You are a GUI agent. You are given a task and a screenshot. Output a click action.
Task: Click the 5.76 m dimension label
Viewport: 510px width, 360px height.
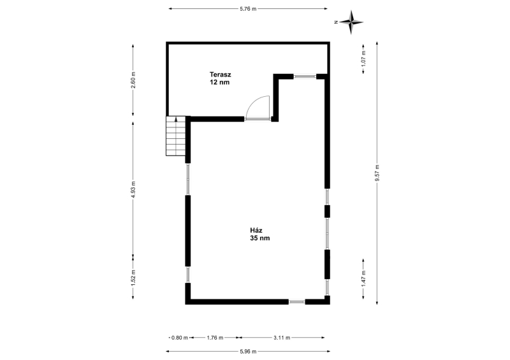point(248,9)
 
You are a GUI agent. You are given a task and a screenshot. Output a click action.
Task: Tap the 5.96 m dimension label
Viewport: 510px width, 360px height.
point(248,351)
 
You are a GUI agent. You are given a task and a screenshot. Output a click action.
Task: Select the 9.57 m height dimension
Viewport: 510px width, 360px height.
point(377,173)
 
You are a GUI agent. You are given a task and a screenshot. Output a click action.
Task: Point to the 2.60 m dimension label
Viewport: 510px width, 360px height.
point(133,80)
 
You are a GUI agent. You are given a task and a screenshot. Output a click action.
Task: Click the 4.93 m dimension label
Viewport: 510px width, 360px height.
point(133,189)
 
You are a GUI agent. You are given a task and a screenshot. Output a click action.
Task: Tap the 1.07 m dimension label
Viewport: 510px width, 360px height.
point(363,58)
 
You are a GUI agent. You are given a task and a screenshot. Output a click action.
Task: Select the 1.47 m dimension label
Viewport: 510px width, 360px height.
point(363,278)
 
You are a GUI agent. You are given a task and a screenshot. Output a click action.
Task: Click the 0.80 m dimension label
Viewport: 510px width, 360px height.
point(180,338)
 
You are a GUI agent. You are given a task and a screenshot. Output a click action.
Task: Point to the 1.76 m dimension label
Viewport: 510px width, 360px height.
point(215,338)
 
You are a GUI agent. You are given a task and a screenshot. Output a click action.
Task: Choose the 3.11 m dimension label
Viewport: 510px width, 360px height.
point(282,338)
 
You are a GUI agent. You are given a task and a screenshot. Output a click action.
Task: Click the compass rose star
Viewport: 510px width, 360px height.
point(351,22)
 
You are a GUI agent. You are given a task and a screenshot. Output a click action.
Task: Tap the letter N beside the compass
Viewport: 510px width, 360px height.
point(336,22)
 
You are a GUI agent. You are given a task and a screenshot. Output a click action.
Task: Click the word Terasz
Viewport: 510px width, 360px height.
point(220,75)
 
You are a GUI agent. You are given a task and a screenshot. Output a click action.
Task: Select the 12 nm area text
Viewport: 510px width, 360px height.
point(219,82)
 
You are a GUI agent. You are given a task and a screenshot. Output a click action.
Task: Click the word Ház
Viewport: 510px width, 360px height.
point(256,230)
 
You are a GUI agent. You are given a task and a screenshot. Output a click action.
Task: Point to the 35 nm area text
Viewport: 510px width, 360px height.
point(260,238)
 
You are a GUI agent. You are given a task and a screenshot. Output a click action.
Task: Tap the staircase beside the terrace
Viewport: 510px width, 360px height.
point(176,136)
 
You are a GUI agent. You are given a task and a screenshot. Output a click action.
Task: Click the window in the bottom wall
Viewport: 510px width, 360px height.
point(296,302)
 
